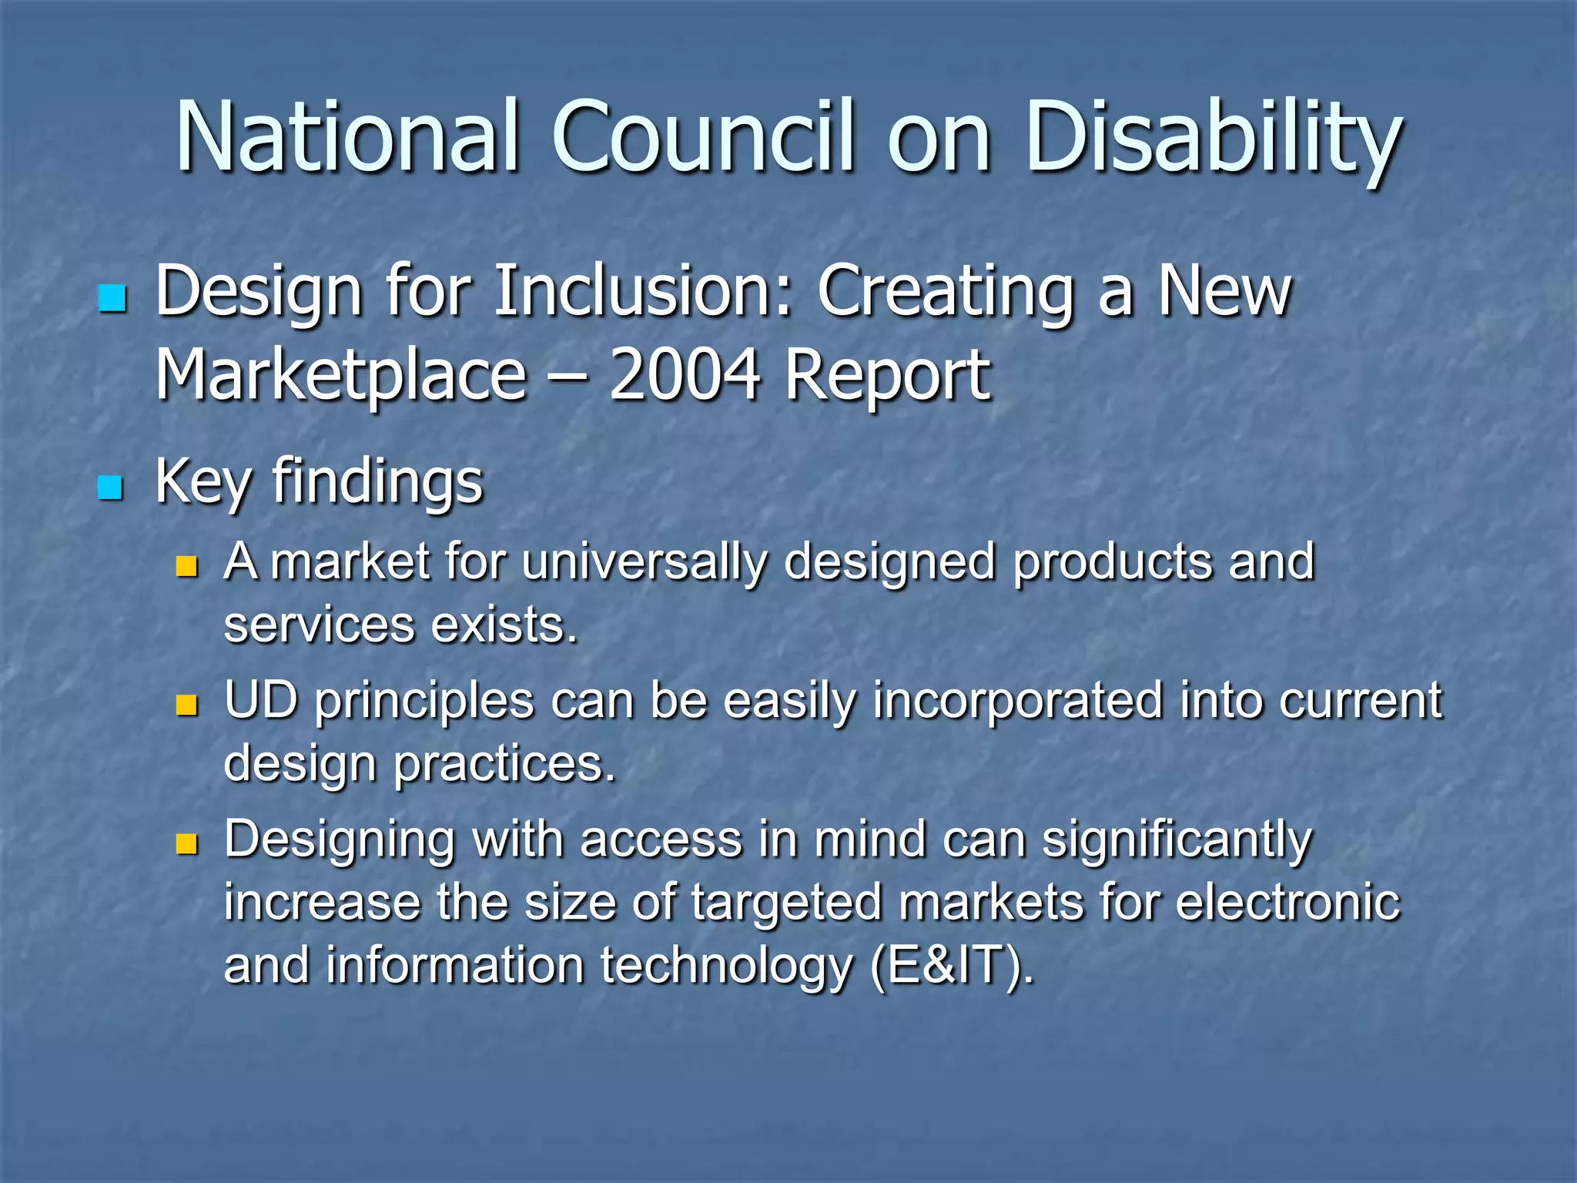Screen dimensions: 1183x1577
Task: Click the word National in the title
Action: pyautogui.click(x=347, y=137)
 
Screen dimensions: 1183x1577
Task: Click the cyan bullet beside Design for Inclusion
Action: pyautogui.click(x=112, y=298)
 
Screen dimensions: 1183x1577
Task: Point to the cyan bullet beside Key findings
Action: pyautogui.click(x=111, y=488)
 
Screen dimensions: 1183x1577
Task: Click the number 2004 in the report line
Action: pyautogui.click(x=685, y=375)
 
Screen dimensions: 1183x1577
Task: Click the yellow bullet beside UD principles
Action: pyautogui.click(x=186, y=705)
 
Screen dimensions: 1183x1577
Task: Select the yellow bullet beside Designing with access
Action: pyautogui.click(x=186, y=844)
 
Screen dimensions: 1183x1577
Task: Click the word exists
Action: pyautogui.click(x=504, y=625)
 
